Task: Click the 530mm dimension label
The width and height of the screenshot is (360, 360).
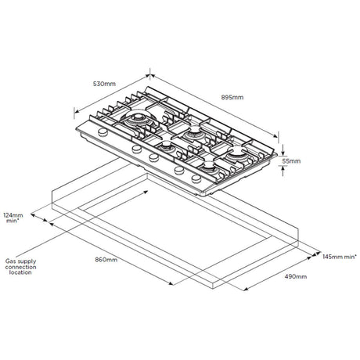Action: click(104, 84)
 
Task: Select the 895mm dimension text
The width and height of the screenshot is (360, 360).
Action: click(232, 97)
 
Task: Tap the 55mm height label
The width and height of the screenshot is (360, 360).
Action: click(291, 161)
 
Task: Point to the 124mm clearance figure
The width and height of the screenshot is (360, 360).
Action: click(13, 215)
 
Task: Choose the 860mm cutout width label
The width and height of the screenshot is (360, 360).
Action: click(106, 260)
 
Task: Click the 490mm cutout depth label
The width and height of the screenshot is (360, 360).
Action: click(296, 276)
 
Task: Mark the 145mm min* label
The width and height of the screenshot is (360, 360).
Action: click(340, 257)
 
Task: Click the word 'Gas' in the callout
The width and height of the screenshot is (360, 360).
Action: click(10, 261)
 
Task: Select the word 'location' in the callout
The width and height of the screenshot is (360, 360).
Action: click(20, 272)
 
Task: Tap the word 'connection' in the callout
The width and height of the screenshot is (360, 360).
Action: click(20, 267)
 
